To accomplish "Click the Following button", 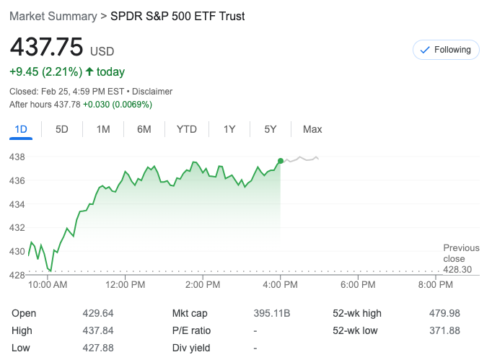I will coord(446,50).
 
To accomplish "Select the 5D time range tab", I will coord(62,129).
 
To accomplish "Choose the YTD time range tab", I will coord(187,129).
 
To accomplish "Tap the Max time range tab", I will coord(312,129).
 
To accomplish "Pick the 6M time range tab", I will coord(144,129).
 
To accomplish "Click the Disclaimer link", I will coord(152,92).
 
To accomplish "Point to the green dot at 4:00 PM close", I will coord(280,161).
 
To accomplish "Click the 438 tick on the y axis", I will coord(17,157).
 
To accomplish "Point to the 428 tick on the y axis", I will coord(17,275).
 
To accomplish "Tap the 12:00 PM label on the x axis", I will coord(126,285).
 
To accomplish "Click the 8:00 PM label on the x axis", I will coord(435,285).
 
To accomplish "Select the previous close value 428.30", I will coord(457,269).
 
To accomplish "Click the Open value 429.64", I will coord(98,313).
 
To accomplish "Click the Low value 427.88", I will coord(98,348).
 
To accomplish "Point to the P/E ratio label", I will coord(191,330).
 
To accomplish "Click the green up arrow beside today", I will coord(89,71).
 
